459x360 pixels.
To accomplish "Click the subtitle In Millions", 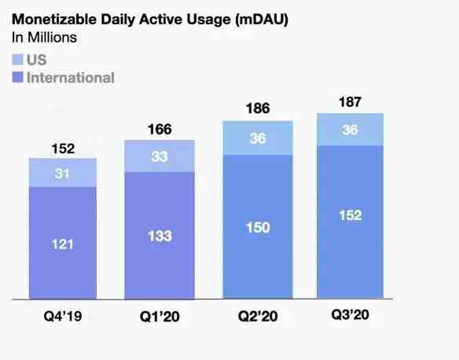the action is tap(44, 38).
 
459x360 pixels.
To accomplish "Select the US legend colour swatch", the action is tap(17, 60).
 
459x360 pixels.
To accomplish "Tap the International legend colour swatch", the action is tap(17, 78).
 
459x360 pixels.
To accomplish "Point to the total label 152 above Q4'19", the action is tap(63, 149).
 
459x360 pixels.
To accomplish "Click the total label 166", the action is tap(160, 130).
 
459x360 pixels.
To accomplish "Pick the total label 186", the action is tap(258, 108).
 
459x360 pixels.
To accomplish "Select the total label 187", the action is tap(350, 102).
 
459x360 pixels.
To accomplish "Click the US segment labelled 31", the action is tap(63, 173).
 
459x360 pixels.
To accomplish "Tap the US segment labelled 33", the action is tap(160, 156).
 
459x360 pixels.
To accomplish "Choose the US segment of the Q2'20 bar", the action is tap(258, 138).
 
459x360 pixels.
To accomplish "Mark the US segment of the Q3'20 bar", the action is tap(350, 130).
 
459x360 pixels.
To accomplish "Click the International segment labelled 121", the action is tap(63, 243).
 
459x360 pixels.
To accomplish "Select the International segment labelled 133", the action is tap(160, 236).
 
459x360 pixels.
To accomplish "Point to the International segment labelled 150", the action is tap(258, 227).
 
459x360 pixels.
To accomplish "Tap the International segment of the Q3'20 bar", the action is tap(350, 222).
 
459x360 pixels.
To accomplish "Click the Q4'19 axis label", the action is tap(63, 316).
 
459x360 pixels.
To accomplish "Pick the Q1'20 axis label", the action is tap(160, 317).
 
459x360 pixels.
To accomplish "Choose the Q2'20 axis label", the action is tap(258, 317).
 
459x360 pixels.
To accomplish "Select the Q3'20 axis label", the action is tap(350, 315).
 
